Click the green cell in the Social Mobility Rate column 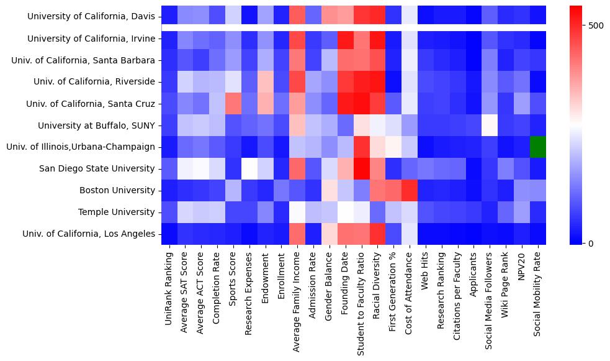click(x=538, y=147)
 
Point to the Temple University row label click(x=117, y=212)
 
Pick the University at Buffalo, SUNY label click(x=96, y=126)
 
